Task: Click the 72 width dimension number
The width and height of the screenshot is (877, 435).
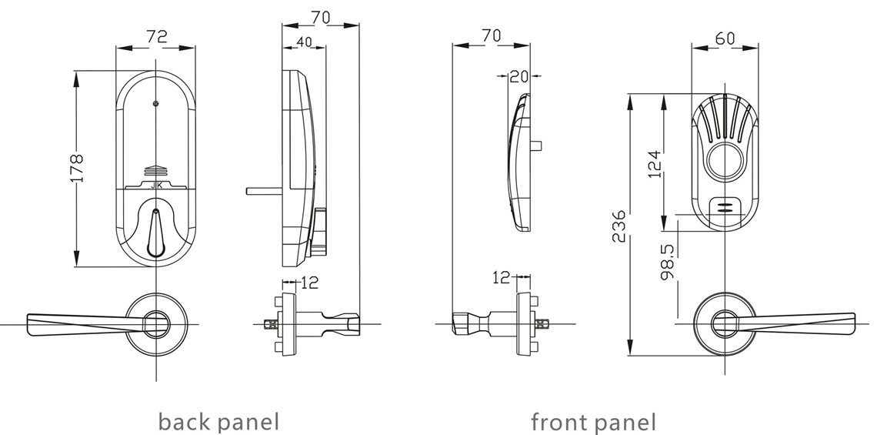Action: click(156, 37)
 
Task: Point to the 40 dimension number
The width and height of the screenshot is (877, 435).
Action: click(304, 43)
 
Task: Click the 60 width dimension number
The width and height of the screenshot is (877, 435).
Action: click(724, 38)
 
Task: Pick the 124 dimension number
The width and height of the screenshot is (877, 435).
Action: click(654, 164)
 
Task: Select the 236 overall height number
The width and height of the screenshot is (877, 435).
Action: click(619, 226)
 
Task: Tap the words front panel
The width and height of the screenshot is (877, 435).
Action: click(593, 421)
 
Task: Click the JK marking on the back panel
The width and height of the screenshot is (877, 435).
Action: click(156, 184)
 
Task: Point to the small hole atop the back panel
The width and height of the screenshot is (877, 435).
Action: click(156, 103)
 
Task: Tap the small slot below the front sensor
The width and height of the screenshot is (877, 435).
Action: click(724, 206)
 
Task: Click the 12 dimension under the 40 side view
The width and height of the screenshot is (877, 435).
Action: click(308, 283)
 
